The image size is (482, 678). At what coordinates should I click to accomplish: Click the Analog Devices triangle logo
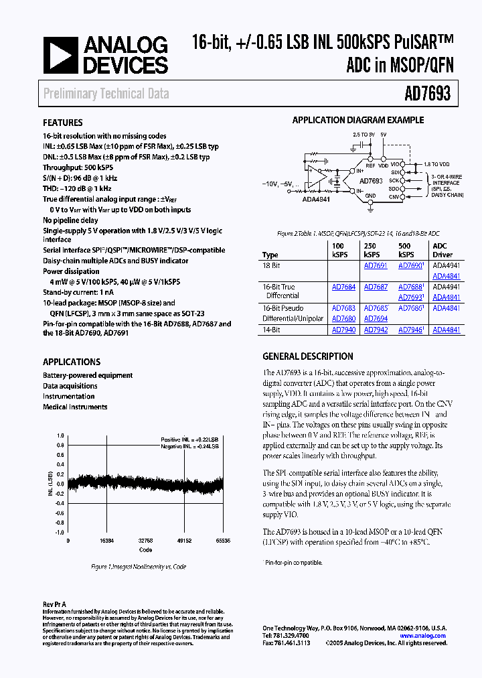pos(62,55)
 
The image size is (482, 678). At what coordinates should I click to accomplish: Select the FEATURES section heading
pos(63,123)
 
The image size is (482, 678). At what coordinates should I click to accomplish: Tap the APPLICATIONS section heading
pos(72,362)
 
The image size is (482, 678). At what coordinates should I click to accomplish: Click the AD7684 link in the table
pos(343,287)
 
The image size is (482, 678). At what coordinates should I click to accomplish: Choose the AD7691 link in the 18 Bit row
pos(376,265)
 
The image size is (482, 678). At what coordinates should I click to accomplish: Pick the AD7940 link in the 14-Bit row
pos(343,330)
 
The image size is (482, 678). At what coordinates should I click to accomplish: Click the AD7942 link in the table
pos(376,330)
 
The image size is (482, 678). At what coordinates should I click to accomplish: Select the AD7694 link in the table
pos(376,319)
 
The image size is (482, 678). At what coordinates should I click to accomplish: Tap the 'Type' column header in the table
pos(270,255)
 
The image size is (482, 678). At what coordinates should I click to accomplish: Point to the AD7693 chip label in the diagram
pos(370,182)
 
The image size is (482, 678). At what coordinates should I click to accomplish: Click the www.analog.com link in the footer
pos(424,635)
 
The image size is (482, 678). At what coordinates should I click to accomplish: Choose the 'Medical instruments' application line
pos(75,407)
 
